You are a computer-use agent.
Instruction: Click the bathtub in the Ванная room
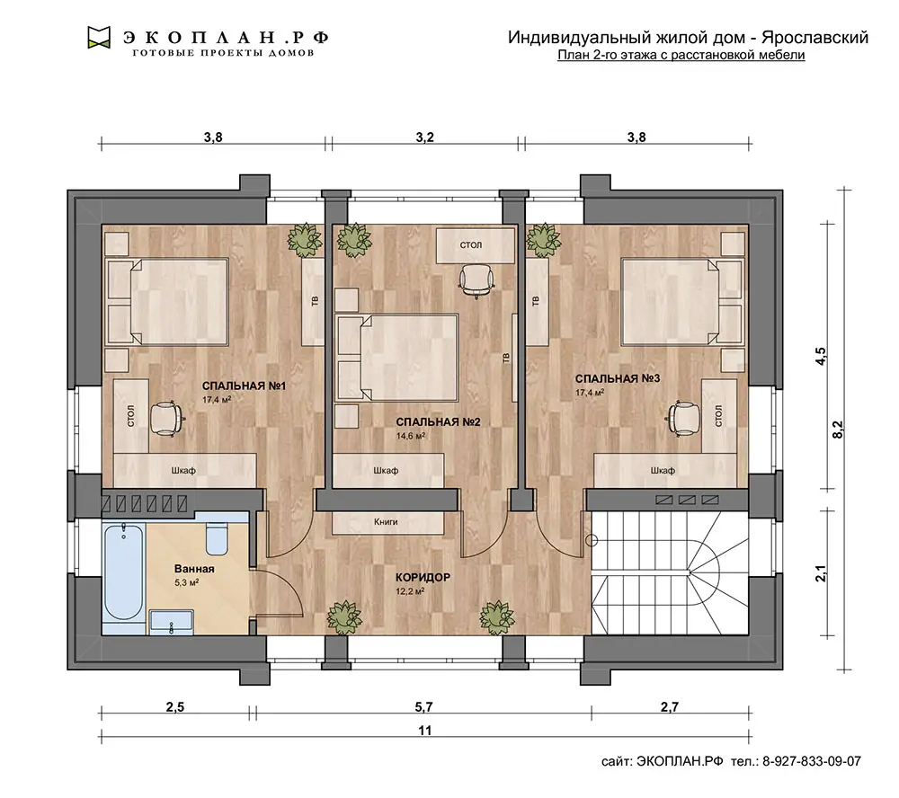pyautogui.click(x=124, y=572)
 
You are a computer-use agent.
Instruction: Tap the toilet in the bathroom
pyautogui.click(x=217, y=538)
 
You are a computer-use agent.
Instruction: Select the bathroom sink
pyautogui.click(x=172, y=622)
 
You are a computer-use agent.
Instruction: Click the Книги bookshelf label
pyautogui.click(x=386, y=522)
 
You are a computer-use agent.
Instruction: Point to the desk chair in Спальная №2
pyautogui.click(x=476, y=281)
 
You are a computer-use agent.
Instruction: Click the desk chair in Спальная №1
pyautogui.click(x=167, y=419)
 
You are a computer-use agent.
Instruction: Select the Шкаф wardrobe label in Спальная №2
pyautogui.click(x=386, y=471)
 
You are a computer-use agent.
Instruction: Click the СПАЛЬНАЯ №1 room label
pyautogui.click(x=244, y=386)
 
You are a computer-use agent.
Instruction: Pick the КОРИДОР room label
pyautogui.click(x=423, y=577)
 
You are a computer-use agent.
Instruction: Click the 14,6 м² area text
pyautogui.click(x=411, y=436)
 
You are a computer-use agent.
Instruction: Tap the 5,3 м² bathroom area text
pyautogui.click(x=187, y=582)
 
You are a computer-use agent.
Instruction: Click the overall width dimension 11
pyautogui.click(x=424, y=731)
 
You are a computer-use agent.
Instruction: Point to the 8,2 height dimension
pyautogui.click(x=838, y=430)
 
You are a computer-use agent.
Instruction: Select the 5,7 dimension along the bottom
pyautogui.click(x=423, y=707)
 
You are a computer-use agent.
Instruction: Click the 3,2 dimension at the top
pyautogui.click(x=425, y=137)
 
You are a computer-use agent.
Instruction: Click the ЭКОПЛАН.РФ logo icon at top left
pyautogui.click(x=99, y=37)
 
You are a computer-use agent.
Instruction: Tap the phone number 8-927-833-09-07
pyautogui.click(x=811, y=761)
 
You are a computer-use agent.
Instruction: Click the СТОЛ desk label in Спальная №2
pyautogui.click(x=471, y=244)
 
